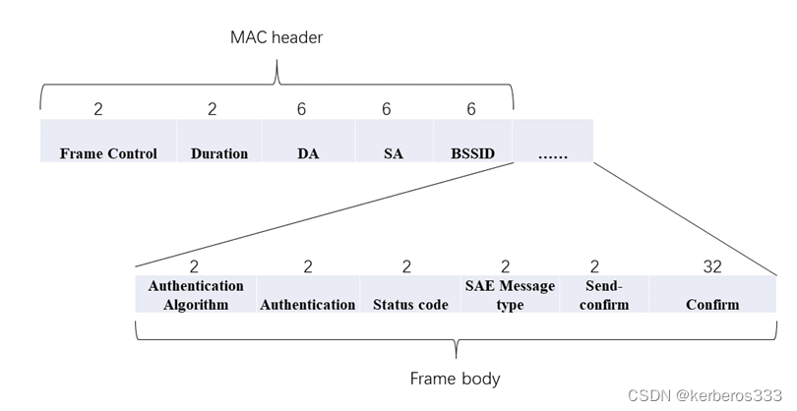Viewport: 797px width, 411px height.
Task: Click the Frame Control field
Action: (108, 142)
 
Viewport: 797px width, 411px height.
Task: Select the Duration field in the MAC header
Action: (219, 142)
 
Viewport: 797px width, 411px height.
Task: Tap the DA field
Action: (308, 142)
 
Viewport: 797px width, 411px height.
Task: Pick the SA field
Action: (394, 142)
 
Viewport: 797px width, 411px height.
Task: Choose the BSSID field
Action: (472, 142)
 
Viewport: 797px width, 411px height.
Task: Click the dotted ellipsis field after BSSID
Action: (553, 142)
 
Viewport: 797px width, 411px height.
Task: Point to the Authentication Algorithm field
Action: (196, 294)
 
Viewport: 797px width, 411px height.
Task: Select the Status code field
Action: (410, 294)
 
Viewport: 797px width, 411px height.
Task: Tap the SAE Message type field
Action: (510, 294)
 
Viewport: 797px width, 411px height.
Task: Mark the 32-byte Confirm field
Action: (712, 294)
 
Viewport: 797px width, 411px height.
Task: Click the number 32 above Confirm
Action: (712, 265)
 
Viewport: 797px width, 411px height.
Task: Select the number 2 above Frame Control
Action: (98, 109)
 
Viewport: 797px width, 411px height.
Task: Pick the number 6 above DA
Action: (301, 109)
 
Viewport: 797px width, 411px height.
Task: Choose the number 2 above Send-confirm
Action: (594, 265)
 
